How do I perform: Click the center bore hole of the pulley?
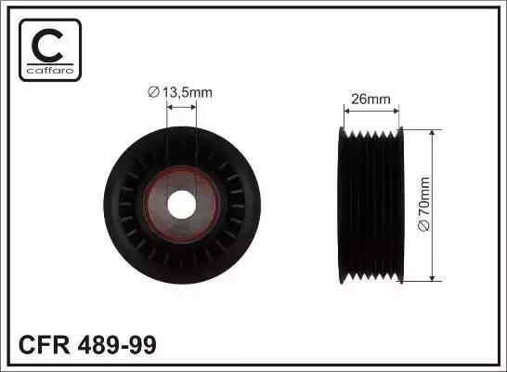181,205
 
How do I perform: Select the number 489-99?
114,345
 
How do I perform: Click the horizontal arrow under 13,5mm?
181,110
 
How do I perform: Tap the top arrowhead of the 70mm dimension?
433,133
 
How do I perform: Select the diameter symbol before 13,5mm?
154,93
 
